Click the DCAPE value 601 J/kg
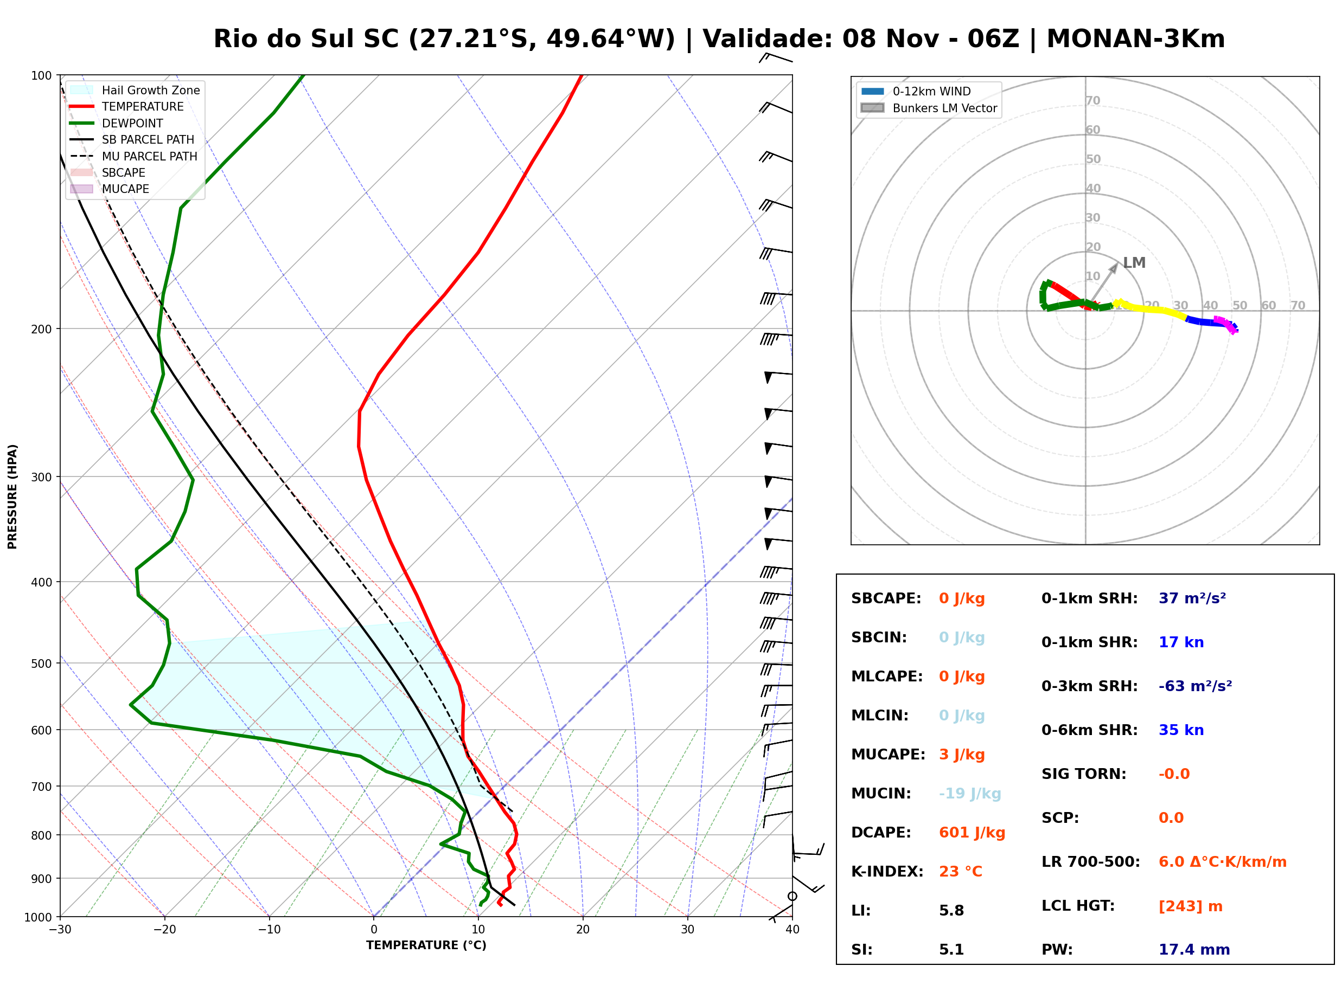point(972,833)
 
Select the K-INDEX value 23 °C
point(961,872)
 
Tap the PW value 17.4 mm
point(1194,950)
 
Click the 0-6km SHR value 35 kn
point(1181,730)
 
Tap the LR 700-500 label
point(1091,862)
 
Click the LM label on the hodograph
point(1134,263)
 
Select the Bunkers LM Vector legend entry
point(929,108)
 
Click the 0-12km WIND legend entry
point(916,91)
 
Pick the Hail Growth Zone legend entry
point(135,90)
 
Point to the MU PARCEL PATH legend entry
point(134,156)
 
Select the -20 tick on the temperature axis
point(164,930)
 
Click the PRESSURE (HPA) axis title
point(12,497)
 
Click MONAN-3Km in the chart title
point(1135,39)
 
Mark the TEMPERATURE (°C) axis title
point(426,945)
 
